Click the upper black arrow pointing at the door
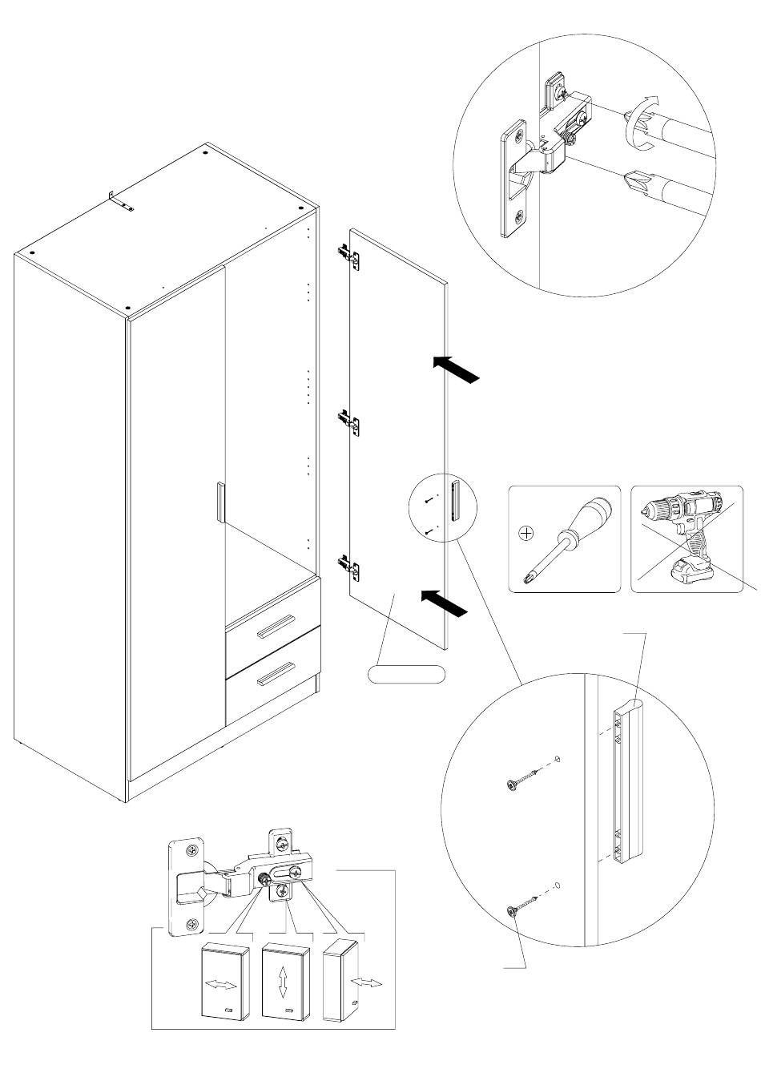pos(459,369)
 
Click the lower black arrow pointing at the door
pos(443,603)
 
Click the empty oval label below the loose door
pos(406,675)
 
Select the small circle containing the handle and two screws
pos(442,509)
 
